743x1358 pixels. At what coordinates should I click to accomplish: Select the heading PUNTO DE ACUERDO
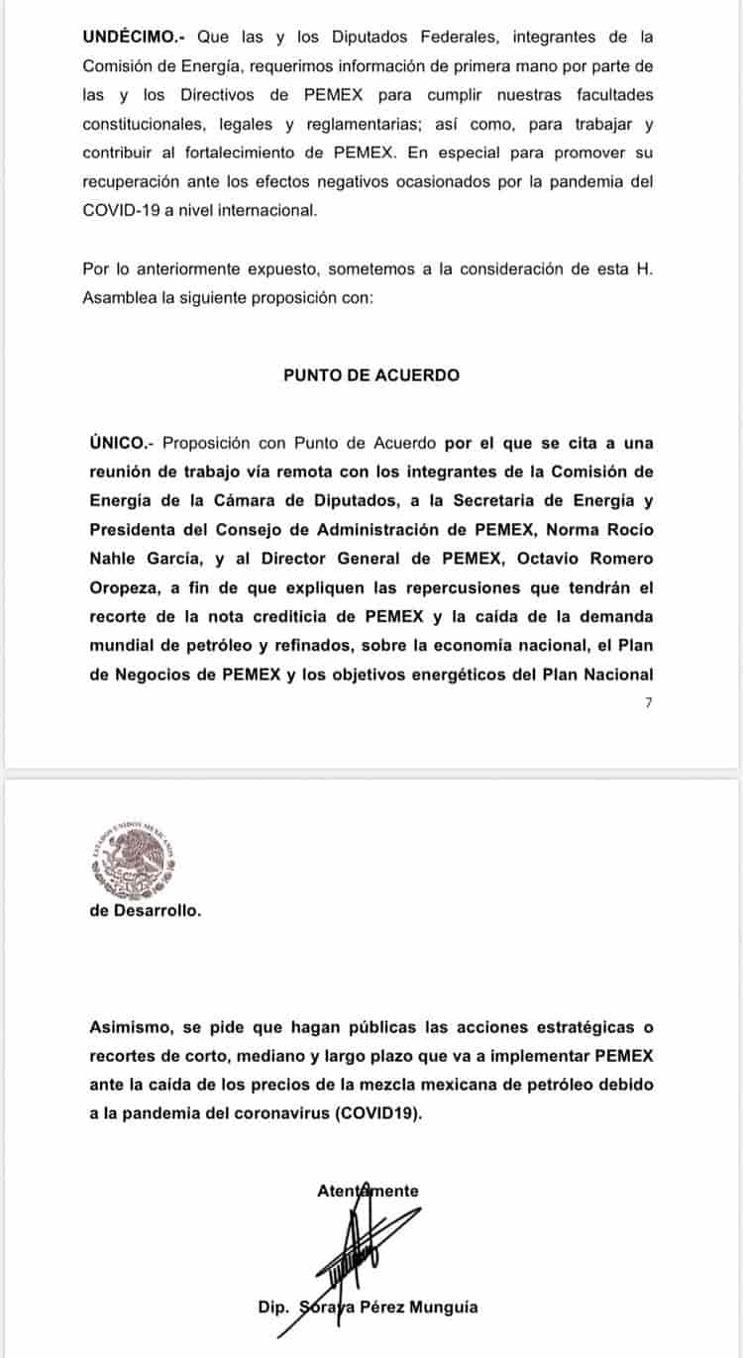[x=371, y=374]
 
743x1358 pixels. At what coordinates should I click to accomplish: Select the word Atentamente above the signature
[x=368, y=1192]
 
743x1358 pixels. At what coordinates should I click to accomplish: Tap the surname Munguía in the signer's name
[x=441, y=1307]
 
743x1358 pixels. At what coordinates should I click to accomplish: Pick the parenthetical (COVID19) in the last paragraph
[x=378, y=1113]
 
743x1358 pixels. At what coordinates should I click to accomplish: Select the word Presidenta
[x=138, y=529]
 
